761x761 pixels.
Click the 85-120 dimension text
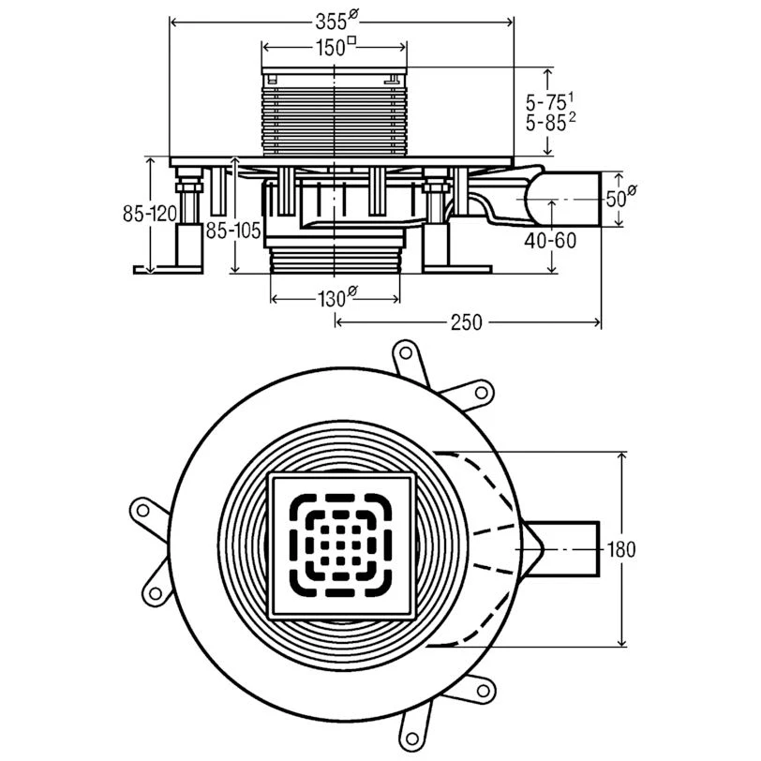tap(150, 214)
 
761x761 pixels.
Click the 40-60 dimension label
tap(550, 240)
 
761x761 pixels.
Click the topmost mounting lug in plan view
tap(406, 353)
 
